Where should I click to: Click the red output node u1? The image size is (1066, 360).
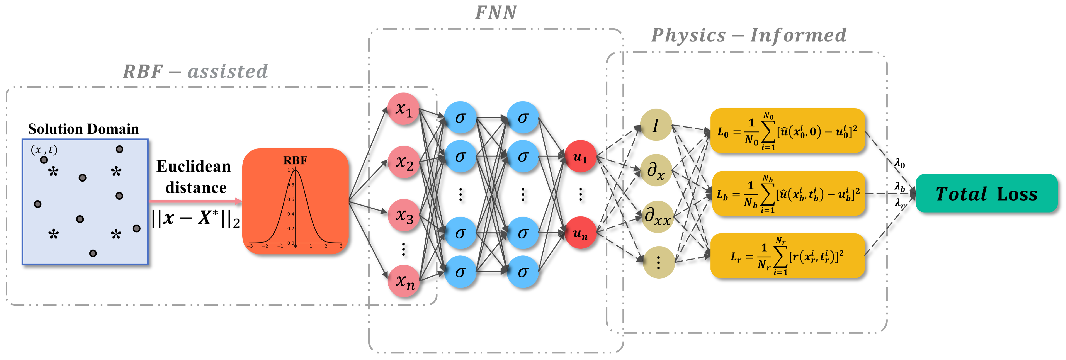coord(580,157)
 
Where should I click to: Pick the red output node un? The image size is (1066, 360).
coord(580,233)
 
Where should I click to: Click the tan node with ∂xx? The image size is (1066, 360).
coord(658,216)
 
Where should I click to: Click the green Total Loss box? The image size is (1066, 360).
coord(986,193)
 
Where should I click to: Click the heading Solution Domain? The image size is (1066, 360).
coord(83,129)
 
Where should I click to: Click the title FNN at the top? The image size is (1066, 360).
coord(496,12)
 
